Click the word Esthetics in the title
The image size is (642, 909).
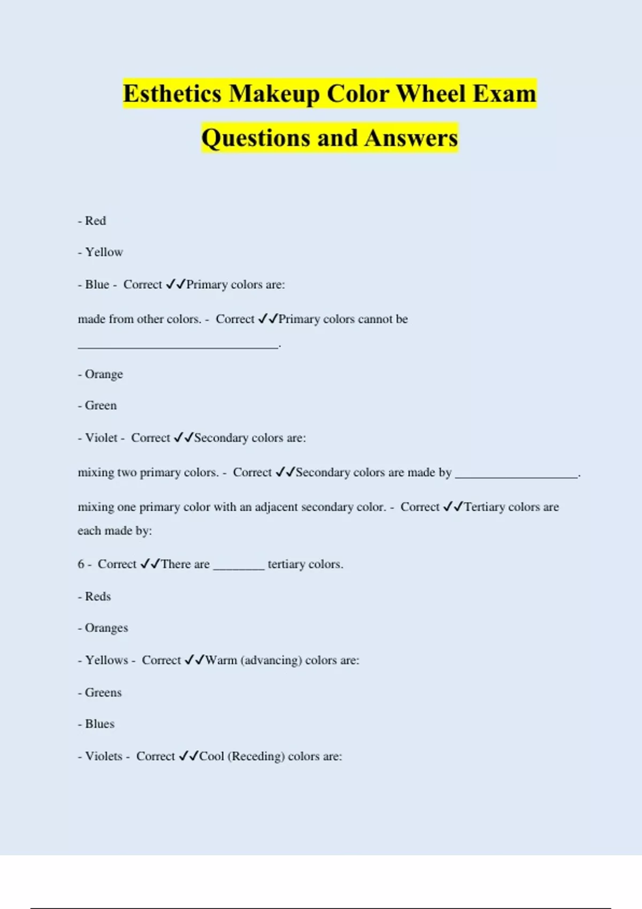point(172,94)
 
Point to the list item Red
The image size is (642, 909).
point(95,221)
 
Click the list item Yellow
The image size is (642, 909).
point(104,252)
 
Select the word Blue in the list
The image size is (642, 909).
point(97,284)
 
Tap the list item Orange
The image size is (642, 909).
point(104,374)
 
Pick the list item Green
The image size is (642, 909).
point(101,406)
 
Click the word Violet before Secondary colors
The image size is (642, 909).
point(101,438)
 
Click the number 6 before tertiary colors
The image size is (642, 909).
point(81,564)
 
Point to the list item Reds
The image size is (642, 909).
point(98,597)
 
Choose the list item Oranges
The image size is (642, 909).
point(106,628)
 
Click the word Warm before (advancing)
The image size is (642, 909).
point(221,660)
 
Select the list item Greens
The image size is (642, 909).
point(103,693)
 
